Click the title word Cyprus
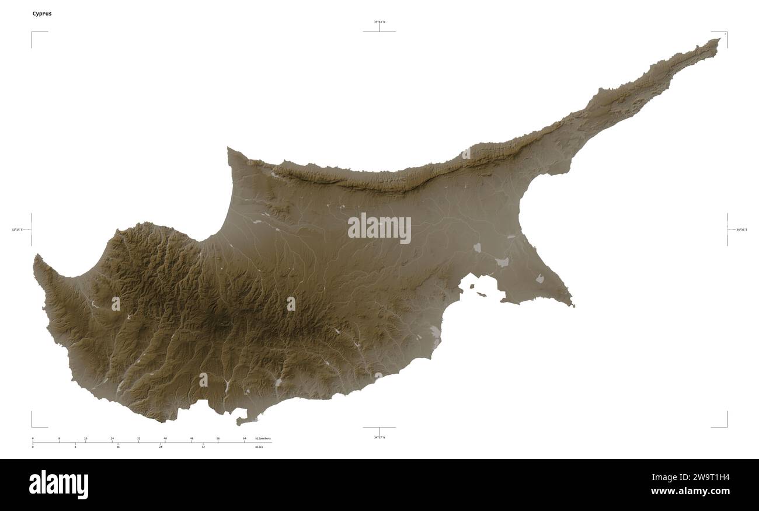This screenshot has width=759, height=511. point(42,13)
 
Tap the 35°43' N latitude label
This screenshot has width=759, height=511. point(379,22)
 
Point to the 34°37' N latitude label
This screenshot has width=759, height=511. point(379,437)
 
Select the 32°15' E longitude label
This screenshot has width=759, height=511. point(16,230)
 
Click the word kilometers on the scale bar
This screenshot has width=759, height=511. point(263,438)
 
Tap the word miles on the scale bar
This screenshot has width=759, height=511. point(259,447)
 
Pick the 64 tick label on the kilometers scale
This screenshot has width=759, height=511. point(245,438)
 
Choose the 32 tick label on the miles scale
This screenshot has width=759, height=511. point(203,447)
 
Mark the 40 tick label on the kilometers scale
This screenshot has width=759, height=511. point(165,438)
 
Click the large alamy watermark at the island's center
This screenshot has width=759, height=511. point(379,228)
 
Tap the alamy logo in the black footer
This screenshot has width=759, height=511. point(58,485)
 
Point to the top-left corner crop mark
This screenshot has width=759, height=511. point(32,32)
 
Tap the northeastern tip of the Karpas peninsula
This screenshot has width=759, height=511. point(719,40)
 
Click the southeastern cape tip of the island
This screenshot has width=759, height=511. point(573,305)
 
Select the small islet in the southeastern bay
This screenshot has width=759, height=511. point(482,294)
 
